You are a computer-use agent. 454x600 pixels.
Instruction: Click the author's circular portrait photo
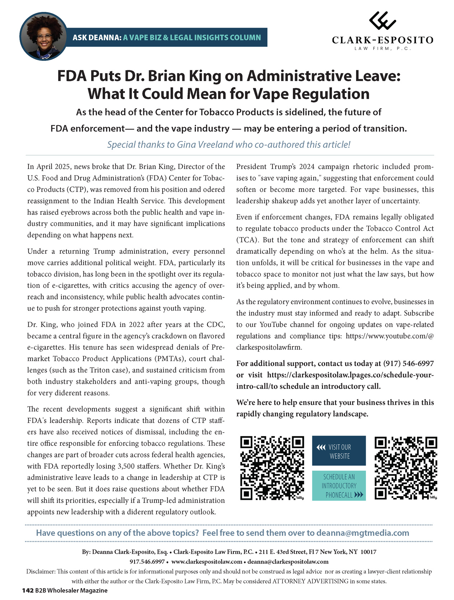[x=43, y=36]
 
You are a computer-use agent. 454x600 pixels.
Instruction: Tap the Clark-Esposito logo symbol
[x=383, y=20]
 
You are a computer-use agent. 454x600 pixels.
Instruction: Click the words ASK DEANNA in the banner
[x=97, y=37]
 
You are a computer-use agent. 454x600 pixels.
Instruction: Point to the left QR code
[x=272, y=468]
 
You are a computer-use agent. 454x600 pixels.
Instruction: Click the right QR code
[x=406, y=468]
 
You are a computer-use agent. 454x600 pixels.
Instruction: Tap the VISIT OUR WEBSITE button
[x=339, y=451]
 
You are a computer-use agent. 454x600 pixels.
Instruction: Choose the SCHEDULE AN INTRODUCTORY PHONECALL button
[x=339, y=486]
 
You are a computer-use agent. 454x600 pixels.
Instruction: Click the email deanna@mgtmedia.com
[x=362, y=533]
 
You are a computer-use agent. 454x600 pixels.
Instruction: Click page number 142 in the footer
[x=28, y=590]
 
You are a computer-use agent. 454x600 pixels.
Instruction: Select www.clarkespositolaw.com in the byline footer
[x=207, y=562]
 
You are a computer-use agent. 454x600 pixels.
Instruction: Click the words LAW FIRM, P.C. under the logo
[x=383, y=48]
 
